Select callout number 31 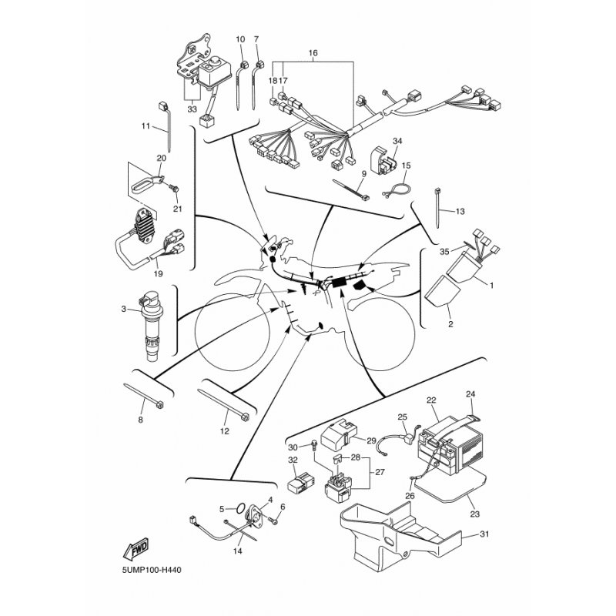pyautogui.click(x=483, y=534)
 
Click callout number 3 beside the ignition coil pyautogui.click(x=124, y=309)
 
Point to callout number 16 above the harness pyautogui.click(x=313, y=54)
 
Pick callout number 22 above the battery pyautogui.click(x=431, y=400)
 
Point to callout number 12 pyautogui.click(x=225, y=431)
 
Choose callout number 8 pyautogui.click(x=140, y=420)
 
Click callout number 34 pyautogui.click(x=397, y=141)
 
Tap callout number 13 pyautogui.click(x=460, y=211)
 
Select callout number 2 pyautogui.click(x=450, y=324)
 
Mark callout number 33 pyautogui.click(x=192, y=109)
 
